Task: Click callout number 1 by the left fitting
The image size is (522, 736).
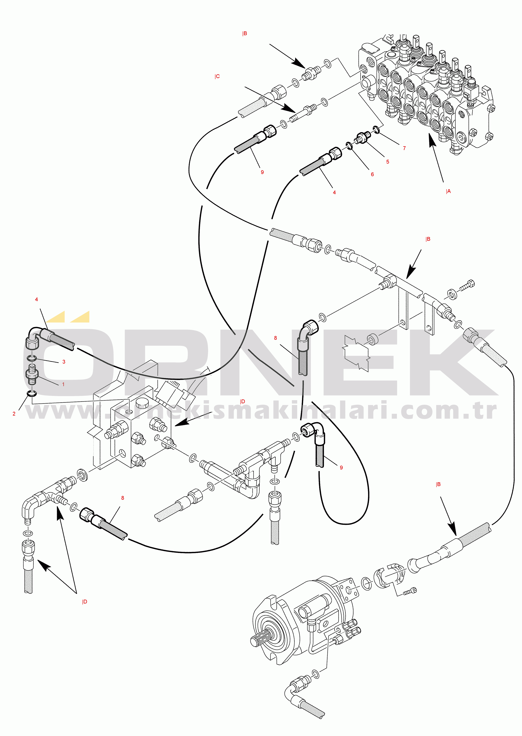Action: coord(63,384)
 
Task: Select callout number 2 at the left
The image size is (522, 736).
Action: coord(14,414)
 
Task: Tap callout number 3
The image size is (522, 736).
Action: coord(64,362)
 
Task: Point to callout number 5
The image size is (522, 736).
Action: coord(388,162)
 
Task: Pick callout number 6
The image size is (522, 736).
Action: coord(372,174)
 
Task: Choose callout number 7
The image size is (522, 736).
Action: coord(404,148)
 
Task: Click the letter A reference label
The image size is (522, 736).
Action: coord(448,192)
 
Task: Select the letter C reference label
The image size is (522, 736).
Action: coord(217,76)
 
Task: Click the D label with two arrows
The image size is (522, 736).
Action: coord(85,602)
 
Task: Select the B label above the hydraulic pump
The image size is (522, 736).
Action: coord(438,484)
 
